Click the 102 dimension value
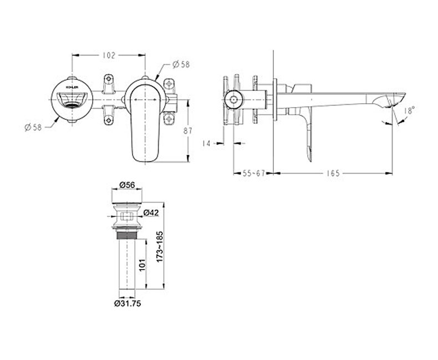coord(109,55)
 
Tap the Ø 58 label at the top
coord(181,64)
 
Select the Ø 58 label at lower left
coord(33,128)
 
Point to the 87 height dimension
coord(188,130)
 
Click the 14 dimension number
coord(206,144)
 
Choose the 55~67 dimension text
coord(253,174)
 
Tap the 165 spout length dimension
coord(333,174)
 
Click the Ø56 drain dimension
coord(127,185)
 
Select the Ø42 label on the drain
coord(151,213)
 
